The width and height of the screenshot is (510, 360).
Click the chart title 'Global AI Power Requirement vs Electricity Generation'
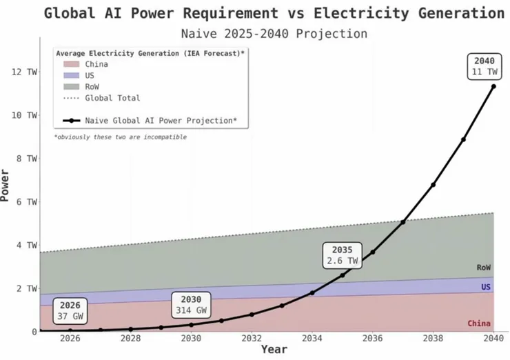tap(274, 13)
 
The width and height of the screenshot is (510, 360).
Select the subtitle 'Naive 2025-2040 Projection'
tap(274, 33)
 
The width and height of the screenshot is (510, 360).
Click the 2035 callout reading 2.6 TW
tap(342, 255)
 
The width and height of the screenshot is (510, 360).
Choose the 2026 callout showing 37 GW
tap(70, 310)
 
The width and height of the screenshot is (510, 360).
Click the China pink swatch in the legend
tap(72, 64)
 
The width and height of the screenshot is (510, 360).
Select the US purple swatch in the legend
tap(72, 75)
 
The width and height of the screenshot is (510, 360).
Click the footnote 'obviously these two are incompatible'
tap(121, 137)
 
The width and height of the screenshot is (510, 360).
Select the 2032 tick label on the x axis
tap(252, 338)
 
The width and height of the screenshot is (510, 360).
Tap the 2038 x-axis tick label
tap(433, 338)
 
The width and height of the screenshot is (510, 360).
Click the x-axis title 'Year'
tap(274, 350)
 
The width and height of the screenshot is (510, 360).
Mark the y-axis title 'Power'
tap(6, 185)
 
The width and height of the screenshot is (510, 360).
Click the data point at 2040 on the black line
tap(493, 86)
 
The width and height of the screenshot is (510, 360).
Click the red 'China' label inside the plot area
tap(479, 323)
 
